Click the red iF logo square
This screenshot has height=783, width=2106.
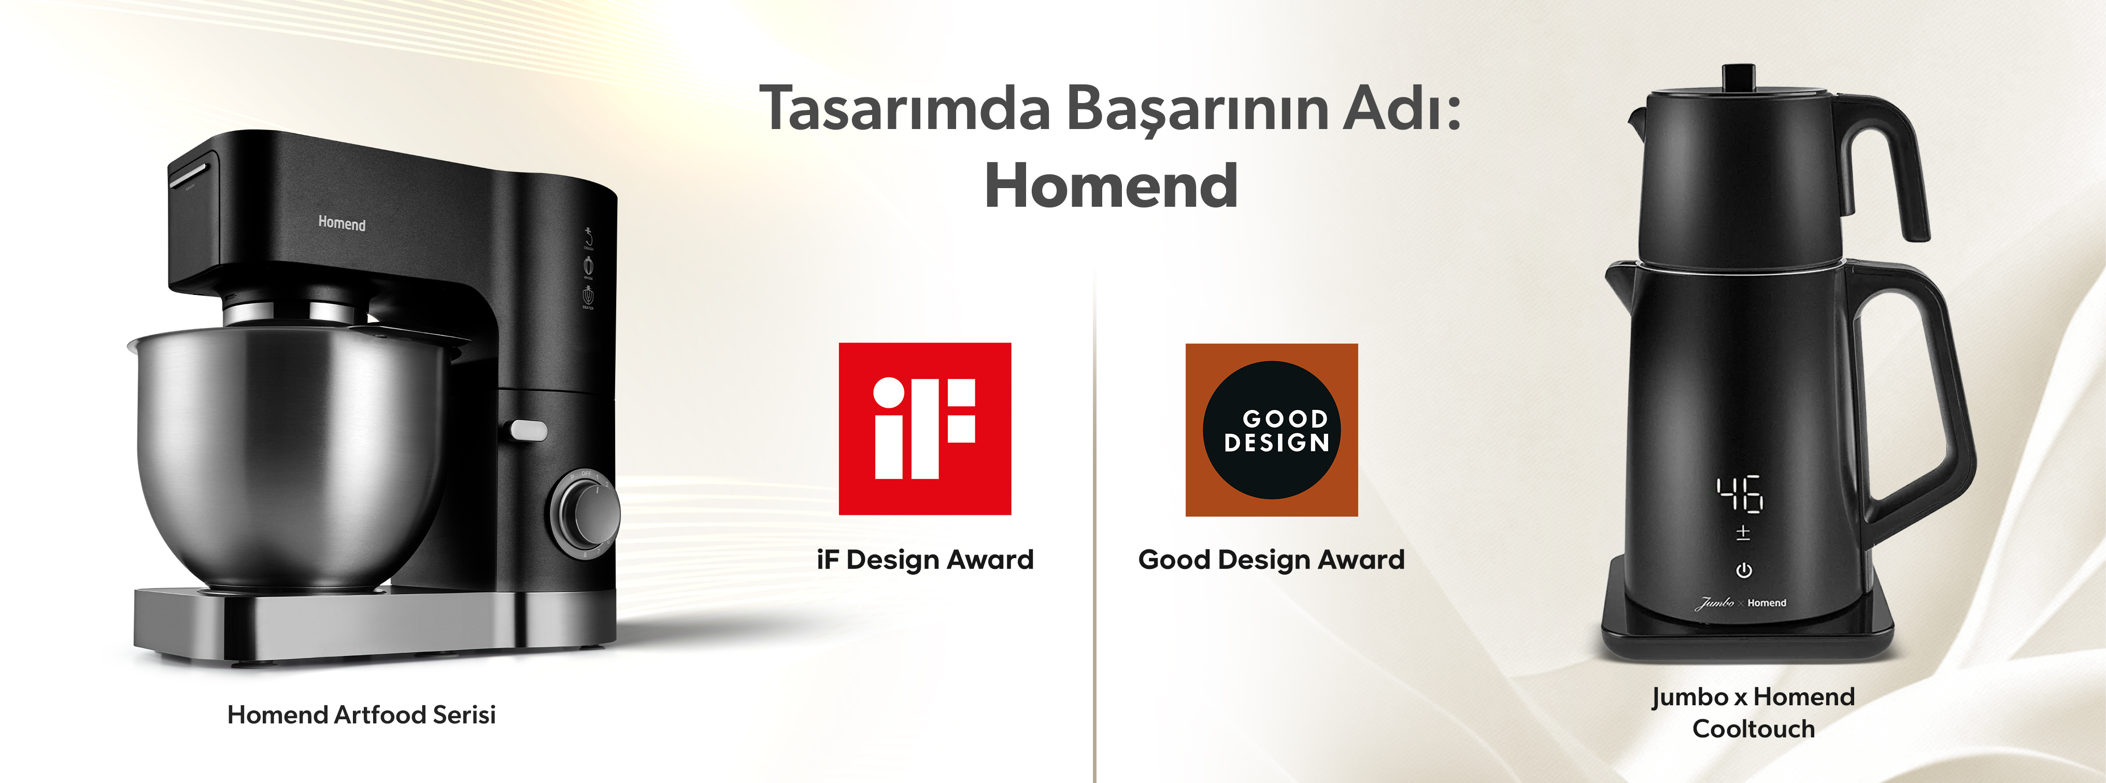[924, 428]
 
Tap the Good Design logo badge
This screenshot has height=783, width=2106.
[1271, 429]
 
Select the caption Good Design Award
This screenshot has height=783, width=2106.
[1271, 560]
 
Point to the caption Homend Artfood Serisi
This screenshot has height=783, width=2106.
[361, 715]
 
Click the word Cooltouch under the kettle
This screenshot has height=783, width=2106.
[1754, 728]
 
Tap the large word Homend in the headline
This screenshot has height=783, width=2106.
[1111, 186]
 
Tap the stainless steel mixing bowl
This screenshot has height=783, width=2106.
[294, 458]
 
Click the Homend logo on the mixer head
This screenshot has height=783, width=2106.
[341, 223]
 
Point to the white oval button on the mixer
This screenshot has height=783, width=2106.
[528, 431]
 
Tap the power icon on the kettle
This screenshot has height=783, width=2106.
[1743, 570]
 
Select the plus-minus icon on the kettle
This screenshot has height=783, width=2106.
[1743, 533]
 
